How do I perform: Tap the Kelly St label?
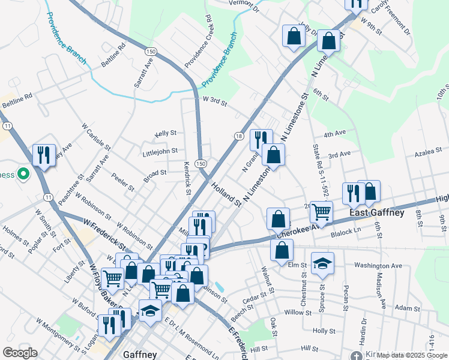pyautogui.click(x=165, y=133)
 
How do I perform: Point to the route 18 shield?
pyautogui.click(x=238, y=136)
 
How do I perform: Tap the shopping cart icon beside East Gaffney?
pyautogui.click(x=322, y=211)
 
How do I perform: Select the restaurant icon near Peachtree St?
pyautogui.click(x=43, y=155)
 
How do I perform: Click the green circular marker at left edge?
pyautogui.click(x=23, y=175)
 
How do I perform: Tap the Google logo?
pyautogui.click(x=20, y=353)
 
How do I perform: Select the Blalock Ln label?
pyautogui.click(x=349, y=230)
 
